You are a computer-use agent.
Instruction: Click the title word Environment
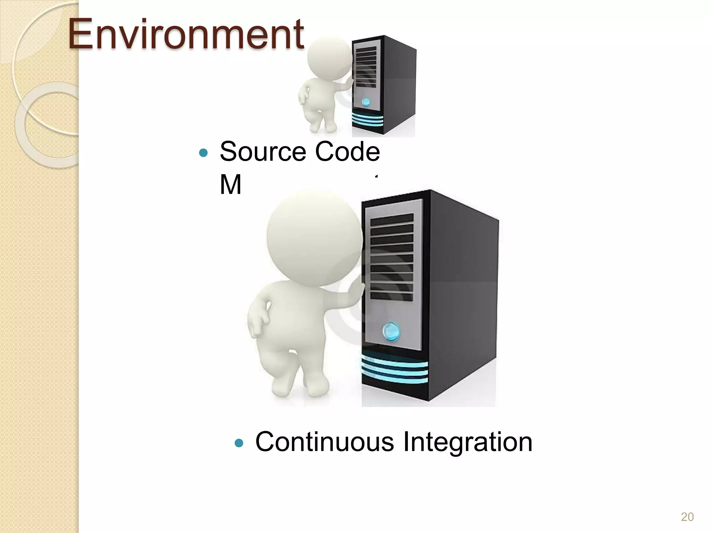point(186,35)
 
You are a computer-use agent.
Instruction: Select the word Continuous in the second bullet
point(324,442)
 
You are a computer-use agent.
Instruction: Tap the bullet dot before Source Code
point(203,153)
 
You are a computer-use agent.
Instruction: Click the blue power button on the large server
point(391,331)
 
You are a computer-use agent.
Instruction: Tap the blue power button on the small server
point(366,102)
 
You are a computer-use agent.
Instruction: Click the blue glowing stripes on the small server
point(367,120)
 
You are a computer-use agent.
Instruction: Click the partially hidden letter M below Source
point(230,185)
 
